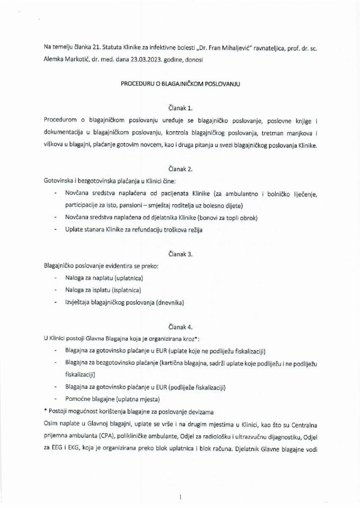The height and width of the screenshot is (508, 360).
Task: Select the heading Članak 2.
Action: coord(180,169)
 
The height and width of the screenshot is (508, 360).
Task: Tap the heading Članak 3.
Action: coord(180,254)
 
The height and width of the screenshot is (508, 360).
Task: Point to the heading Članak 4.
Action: coord(180,327)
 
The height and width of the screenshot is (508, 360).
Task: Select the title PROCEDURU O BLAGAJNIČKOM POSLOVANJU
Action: coord(180,85)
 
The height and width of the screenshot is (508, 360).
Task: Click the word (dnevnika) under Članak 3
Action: coord(168,303)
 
